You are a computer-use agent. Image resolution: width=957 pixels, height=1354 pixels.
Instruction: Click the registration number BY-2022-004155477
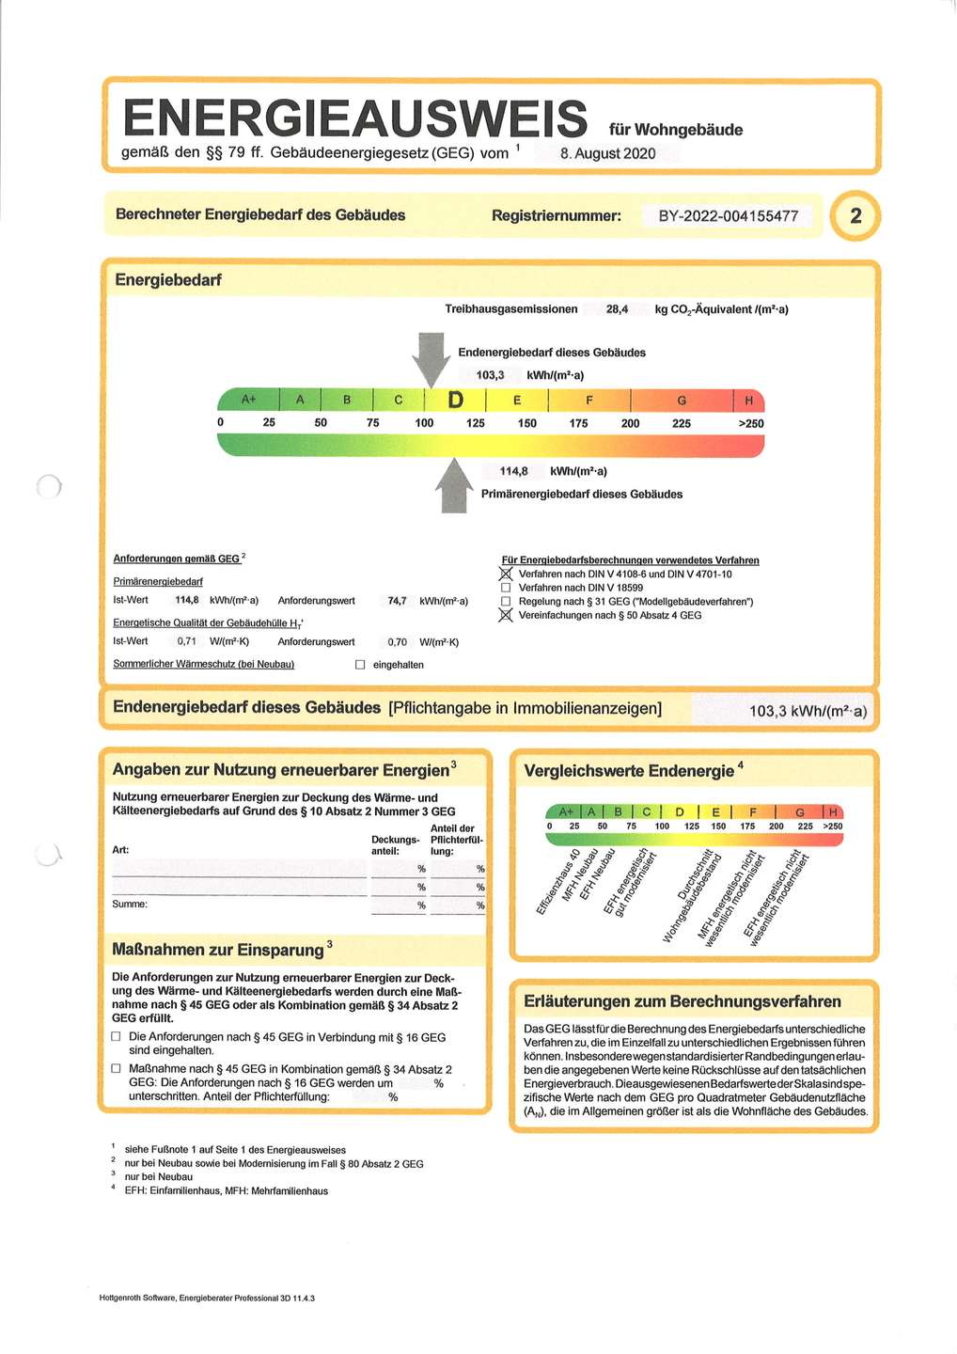(728, 216)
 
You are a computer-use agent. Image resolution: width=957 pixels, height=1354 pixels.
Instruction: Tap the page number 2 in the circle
(855, 215)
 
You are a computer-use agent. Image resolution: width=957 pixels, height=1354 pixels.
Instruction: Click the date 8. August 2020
(607, 153)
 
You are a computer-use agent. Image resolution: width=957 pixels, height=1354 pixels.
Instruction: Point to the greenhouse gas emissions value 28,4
(617, 309)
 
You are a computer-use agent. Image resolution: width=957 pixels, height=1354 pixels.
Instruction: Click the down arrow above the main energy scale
(431, 358)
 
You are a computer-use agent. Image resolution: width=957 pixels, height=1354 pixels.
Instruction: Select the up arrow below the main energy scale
(455, 485)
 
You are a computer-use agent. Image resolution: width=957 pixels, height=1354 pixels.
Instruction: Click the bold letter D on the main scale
(455, 401)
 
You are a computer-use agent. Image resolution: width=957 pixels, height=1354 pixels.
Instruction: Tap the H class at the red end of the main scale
(748, 401)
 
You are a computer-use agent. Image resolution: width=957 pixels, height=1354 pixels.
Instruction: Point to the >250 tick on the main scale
(750, 423)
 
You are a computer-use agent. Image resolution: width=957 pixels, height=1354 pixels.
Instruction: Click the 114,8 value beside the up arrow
(513, 471)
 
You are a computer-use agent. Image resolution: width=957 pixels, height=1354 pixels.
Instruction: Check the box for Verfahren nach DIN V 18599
(506, 588)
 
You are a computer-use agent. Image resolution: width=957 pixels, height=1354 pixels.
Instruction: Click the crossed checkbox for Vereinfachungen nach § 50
(506, 616)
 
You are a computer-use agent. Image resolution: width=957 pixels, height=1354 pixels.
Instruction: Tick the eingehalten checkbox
(360, 665)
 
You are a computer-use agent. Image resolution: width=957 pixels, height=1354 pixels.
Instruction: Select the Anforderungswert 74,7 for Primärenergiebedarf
(397, 601)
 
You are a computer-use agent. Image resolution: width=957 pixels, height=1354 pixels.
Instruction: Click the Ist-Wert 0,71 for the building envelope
(187, 641)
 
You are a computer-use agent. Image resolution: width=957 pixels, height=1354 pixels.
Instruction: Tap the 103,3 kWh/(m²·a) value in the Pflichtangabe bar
(807, 712)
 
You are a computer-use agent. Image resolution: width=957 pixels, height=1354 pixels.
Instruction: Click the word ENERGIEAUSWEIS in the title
(354, 119)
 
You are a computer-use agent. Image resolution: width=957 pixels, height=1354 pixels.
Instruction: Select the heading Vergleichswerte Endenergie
(628, 771)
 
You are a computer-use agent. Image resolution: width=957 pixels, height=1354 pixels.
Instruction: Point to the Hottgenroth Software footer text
(207, 1298)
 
